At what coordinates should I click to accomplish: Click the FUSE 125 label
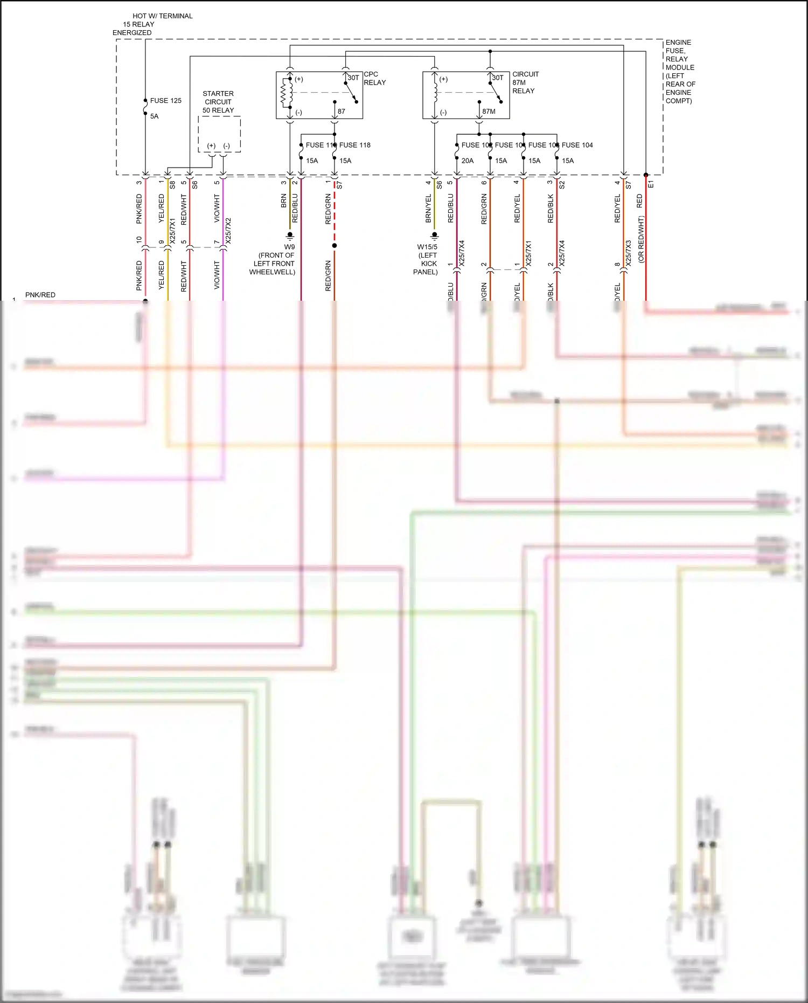tap(165, 101)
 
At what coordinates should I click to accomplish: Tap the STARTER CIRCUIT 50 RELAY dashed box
tap(219, 134)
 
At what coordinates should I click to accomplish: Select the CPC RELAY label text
tap(374, 79)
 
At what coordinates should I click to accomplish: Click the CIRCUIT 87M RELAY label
tap(525, 82)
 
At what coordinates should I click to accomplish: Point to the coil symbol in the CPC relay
tap(286, 93)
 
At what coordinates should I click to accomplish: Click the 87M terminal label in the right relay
tap(489, 112)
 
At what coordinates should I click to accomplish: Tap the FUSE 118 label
tap(354, 145)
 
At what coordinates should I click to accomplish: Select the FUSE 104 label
tap(577, 145)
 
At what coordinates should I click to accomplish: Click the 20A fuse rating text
tap(467, 161)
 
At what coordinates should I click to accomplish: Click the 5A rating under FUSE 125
tap(154, 116)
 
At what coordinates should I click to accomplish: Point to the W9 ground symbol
tap(290, 236)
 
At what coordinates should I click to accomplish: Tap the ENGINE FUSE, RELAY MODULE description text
tap(680, 72)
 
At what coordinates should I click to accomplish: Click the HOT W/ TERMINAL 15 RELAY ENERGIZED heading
tap(152, 24)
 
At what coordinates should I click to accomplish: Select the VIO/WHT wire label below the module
tap(217, 209)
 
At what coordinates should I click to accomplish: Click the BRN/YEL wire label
tap(429, 209)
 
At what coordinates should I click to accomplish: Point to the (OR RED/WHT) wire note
tap(641, 239)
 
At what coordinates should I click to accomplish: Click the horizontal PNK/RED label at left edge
tap(40, 295)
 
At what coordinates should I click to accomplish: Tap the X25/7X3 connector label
tap(629, 253)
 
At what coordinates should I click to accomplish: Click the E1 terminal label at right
tap(651, 184)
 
